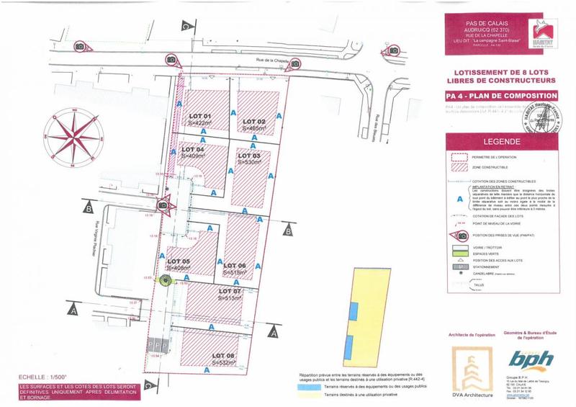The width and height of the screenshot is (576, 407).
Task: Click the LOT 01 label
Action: (199, 116)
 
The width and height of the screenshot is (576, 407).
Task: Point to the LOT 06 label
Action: (235, 265)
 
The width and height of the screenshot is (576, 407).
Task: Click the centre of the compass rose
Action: (71, 133)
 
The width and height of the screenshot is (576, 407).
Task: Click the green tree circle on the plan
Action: (164, 282)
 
